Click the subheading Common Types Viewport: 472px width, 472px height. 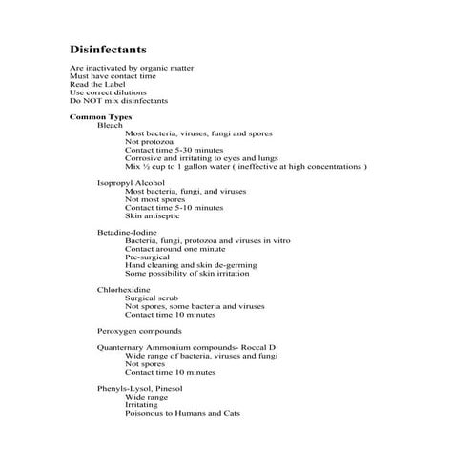pos(100,116)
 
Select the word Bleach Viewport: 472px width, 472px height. pos(110,125)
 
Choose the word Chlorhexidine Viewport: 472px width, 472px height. pos(123,289)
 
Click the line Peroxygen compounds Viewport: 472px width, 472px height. pos(139,331)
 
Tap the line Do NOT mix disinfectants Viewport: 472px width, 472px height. pos(118,100)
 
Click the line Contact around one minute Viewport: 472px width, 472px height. pos(173,249)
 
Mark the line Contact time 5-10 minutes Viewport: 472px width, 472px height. pos(174,207)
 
